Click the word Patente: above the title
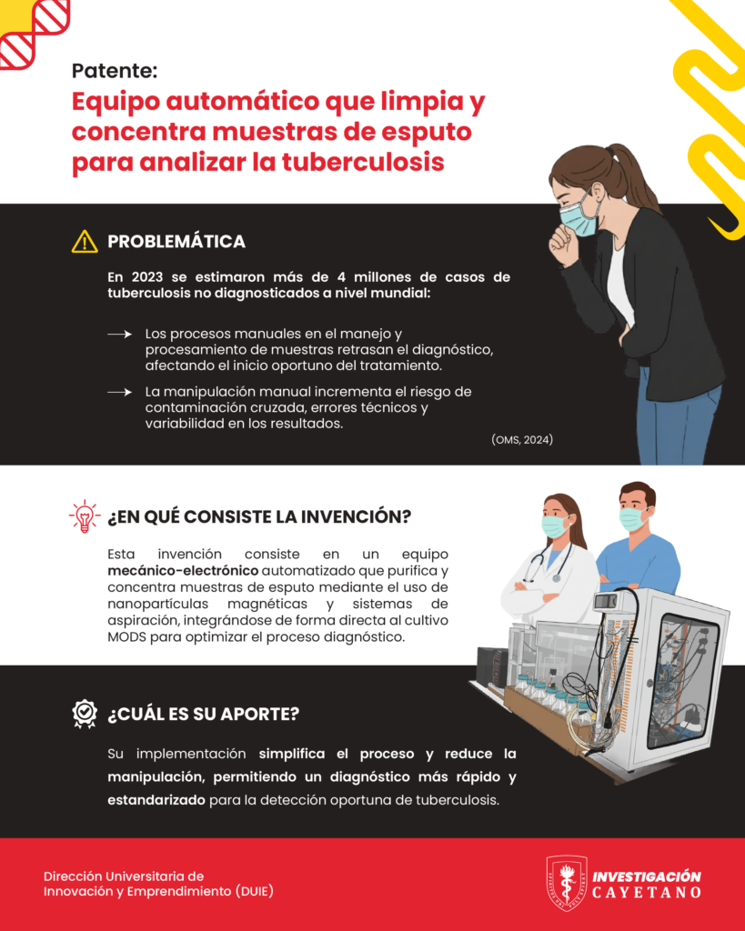point(115,71)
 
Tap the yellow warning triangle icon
point(85,242)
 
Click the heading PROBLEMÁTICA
point(176,242)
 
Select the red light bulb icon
point(85,516)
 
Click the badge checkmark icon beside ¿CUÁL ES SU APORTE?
point(85,714)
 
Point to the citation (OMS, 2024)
point(522,439)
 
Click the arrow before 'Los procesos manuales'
point(119,335)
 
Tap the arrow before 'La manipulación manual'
point(119,392)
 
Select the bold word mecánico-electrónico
point(183,571)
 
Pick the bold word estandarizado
point(156,800)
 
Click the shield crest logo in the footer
point(566,884)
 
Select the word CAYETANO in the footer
point(647,893)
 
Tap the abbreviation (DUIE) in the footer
point(255,891)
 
